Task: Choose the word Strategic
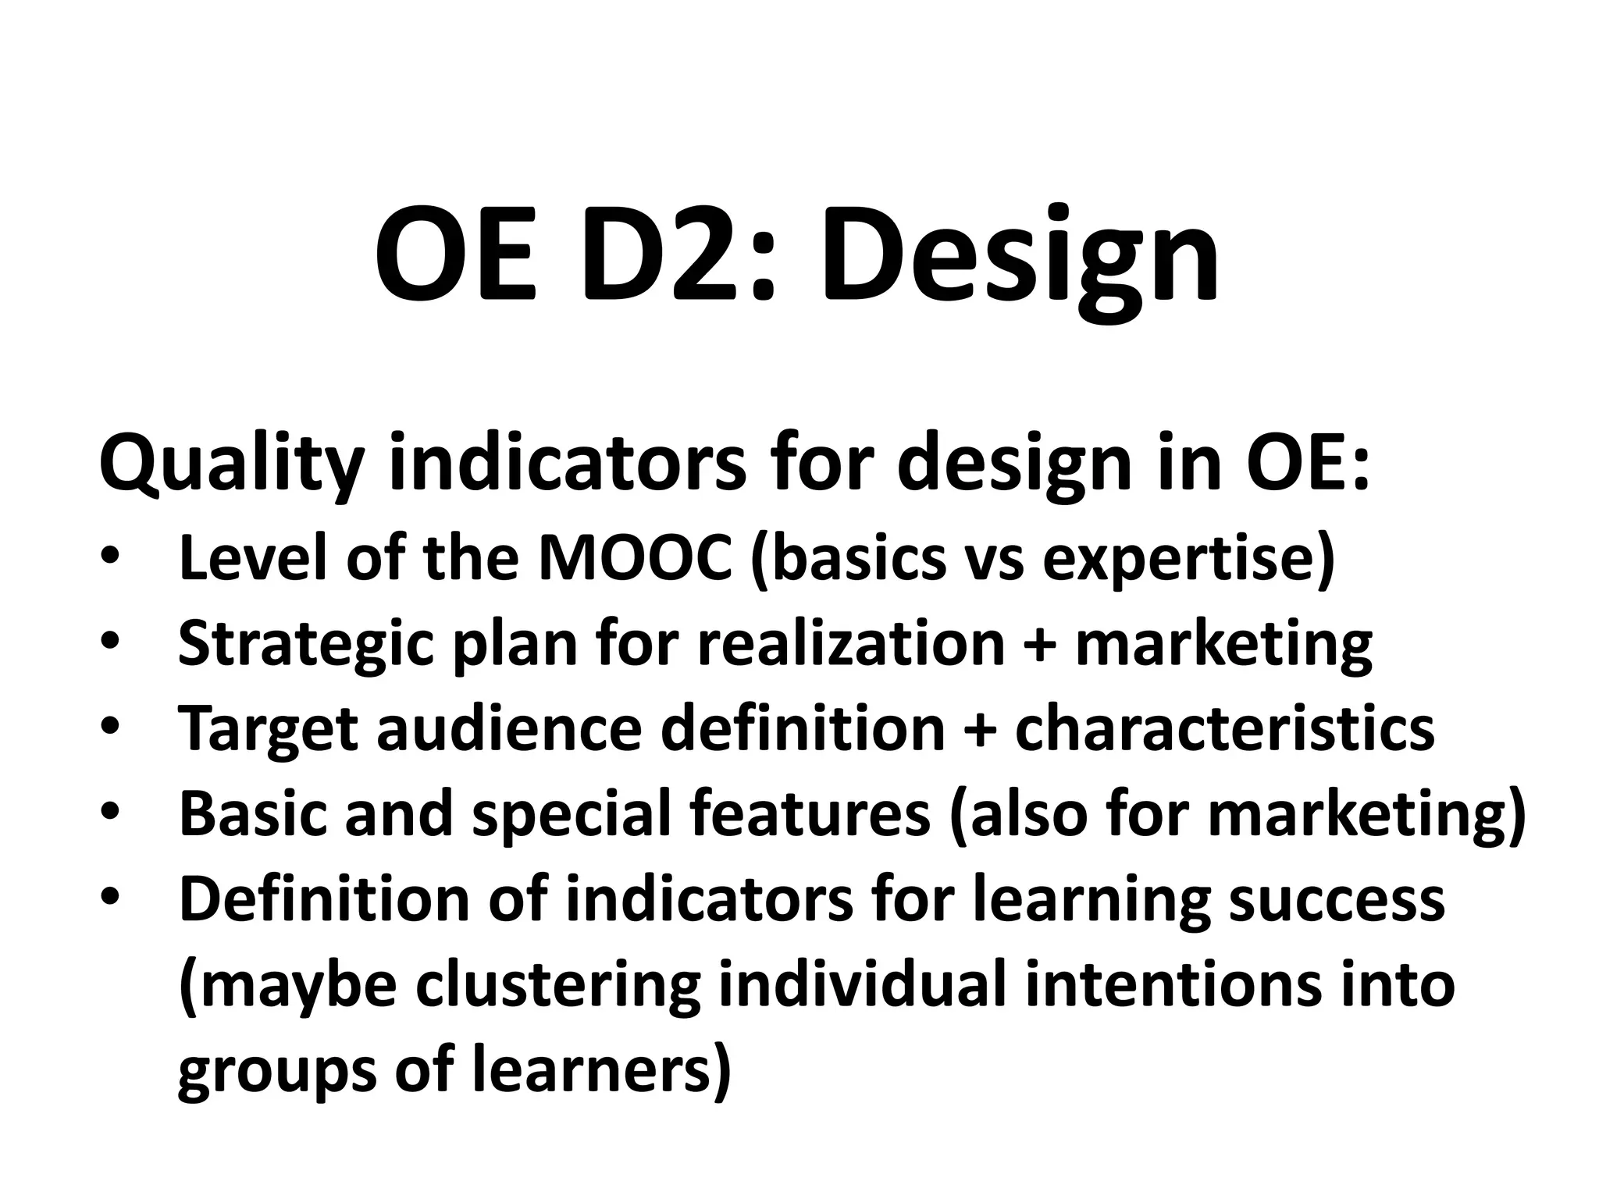point(305,646)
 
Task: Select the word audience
point(511,728)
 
